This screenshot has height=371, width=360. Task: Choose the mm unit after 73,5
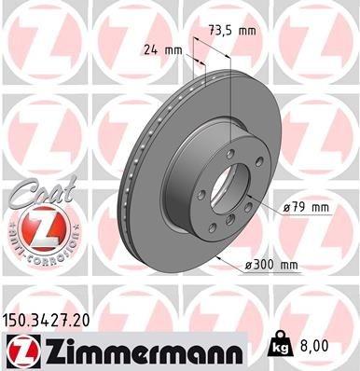[248, 31]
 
